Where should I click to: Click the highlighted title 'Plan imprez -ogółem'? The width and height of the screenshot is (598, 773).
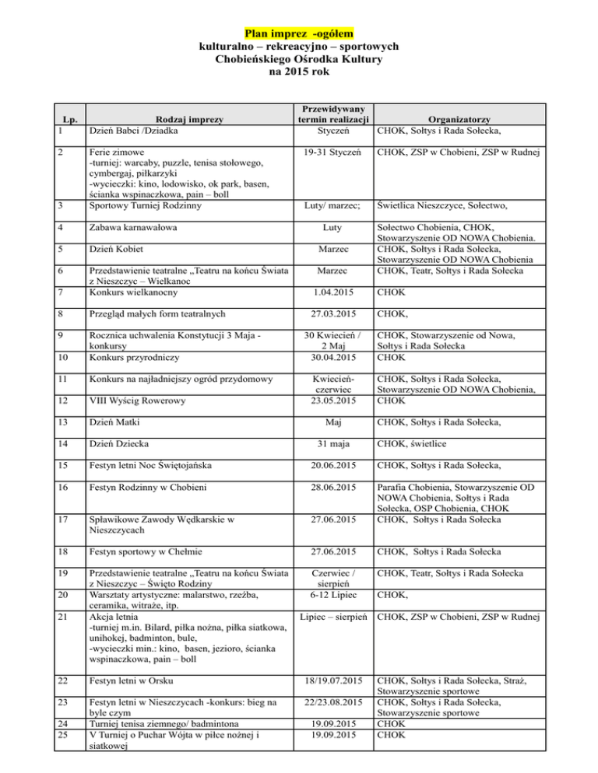[x=299, y=33]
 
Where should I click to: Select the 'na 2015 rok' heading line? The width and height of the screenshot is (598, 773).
[x=299, y=73]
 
